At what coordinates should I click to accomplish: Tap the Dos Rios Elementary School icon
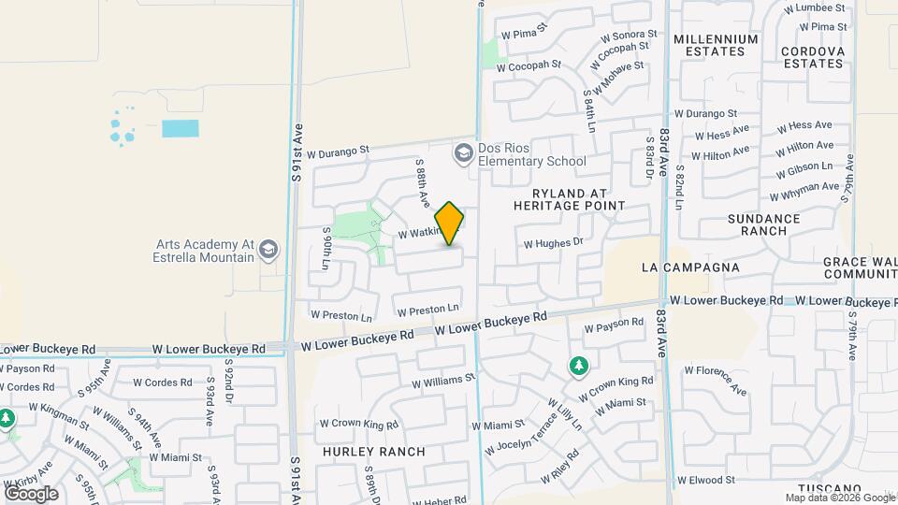click(x=463, y=151)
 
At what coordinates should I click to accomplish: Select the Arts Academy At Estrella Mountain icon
click(x=268, y=249)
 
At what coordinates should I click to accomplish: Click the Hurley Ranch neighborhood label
click(x=374, y=452)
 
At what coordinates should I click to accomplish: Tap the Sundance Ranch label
click(x=764, y=224)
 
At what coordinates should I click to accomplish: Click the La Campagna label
click(x=690, y=267)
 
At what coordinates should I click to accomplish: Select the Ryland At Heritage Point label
click(x=569, y=198)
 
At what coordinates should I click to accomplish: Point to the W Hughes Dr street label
click(x=553, y=243)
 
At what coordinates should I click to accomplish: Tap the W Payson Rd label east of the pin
click(x=614, y=325)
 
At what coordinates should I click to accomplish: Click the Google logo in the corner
click(x=31, y=493)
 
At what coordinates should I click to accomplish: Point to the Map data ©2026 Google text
click(x=839, y=498)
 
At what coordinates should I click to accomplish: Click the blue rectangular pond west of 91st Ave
click(x=181, y=129)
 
